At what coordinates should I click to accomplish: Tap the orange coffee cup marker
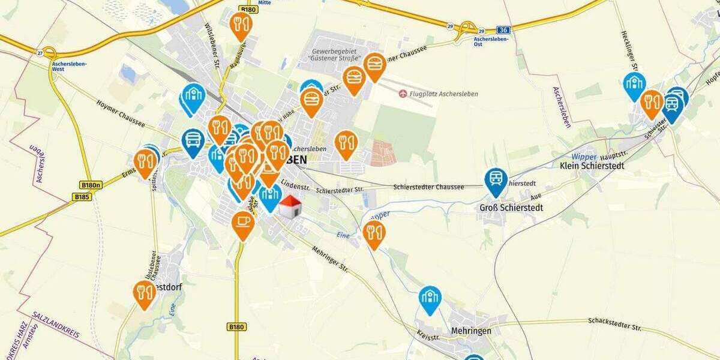coord(243,223)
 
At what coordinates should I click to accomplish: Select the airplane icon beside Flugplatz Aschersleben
coord(402,94)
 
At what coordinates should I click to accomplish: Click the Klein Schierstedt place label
coord(592,166)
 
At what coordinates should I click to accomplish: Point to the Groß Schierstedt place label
coord(511,208)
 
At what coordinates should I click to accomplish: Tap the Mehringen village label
coord(471,331)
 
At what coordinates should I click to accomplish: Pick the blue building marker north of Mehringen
coord(430,297)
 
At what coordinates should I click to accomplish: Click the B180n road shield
coord(90,185)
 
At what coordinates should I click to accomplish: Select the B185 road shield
coord(82,196)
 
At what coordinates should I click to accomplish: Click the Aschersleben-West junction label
coord(67,66)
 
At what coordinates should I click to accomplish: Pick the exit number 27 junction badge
coord(40,52)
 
